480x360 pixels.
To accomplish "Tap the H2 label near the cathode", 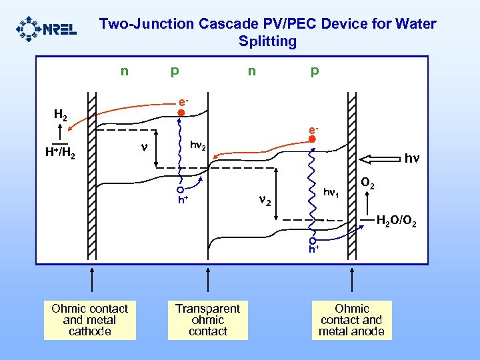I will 61,115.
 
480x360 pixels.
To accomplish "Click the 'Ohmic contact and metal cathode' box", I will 89,320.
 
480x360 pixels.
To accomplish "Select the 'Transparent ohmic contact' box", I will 208,320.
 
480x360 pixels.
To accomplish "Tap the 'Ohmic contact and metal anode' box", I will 351,320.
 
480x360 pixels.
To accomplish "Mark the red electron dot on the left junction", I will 181,113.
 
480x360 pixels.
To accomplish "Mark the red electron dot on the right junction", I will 311,139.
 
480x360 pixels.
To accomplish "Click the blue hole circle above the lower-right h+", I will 312,241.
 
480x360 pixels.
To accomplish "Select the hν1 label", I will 331,193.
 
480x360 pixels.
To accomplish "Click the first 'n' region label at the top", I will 124,69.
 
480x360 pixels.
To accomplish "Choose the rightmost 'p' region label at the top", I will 314,69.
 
